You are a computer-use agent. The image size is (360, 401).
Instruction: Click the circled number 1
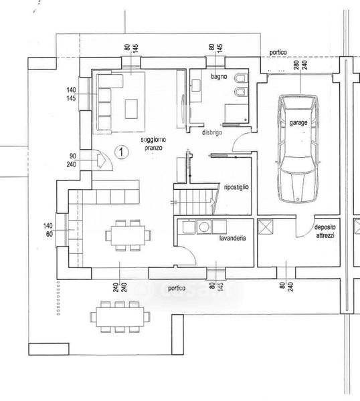click(121, 152)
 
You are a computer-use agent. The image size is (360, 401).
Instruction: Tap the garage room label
click(298, 123)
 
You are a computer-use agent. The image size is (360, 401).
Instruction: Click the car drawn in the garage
click(298, 149)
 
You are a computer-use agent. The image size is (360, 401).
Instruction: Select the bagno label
click(219, 76)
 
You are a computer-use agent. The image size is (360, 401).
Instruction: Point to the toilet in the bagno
click(241, 78)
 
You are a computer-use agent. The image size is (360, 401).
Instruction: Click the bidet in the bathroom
click(241, 92)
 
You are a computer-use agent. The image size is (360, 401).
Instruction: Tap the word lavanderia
click(232, 238)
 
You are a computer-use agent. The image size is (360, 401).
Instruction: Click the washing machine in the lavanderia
click(204, 227)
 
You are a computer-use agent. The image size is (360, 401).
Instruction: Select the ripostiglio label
click(236, 187)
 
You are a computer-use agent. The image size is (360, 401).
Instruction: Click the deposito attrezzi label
click(325, 231)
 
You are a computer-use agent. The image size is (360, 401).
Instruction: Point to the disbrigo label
click(212, 133)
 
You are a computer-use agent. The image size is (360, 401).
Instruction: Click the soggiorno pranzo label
click(153, 144)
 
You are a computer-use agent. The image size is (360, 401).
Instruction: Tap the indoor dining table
click(128, 235)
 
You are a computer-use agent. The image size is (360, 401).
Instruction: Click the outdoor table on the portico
click(120, 317)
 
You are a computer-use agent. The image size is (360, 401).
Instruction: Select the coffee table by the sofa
click(131, 109)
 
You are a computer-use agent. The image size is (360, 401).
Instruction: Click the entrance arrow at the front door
click(102, 160)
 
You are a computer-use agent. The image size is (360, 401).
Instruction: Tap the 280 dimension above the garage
click(296, 65)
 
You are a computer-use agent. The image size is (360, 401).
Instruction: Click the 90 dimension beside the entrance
click(73, 156)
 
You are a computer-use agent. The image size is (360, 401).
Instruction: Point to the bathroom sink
click(196, 86)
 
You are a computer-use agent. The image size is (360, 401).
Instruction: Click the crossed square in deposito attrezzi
click(265, 227)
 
